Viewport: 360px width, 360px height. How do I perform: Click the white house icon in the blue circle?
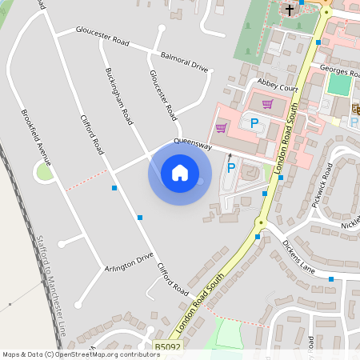(180, 172)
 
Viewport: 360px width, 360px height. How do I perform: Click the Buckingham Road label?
(118, 94)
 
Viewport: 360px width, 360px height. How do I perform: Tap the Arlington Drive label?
(129, 262)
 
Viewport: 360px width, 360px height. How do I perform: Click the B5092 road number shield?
(169, 348)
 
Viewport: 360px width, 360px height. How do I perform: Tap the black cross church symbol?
(290, 10)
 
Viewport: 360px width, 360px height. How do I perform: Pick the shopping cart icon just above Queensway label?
(221, 127)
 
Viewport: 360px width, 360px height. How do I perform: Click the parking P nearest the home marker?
(231, 168)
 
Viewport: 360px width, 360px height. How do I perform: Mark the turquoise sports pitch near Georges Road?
(339, 84)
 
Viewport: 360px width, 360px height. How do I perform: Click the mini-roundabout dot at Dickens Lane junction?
(260, 222)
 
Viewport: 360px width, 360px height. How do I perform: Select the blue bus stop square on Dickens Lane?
(331, 279)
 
